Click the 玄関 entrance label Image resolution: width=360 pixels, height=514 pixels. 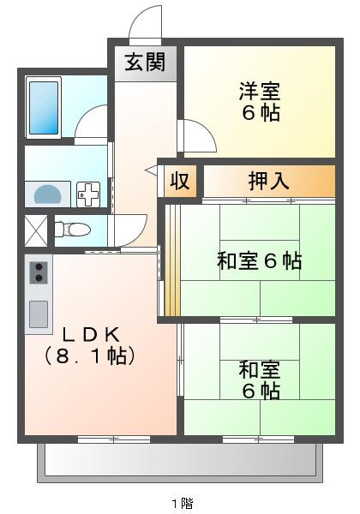(x=144, y=62)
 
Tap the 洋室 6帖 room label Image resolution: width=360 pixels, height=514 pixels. (x=259, y=101)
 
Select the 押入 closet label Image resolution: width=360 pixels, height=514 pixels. (x=268, y=181)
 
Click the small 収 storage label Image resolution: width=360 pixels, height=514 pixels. (x=179, y=181)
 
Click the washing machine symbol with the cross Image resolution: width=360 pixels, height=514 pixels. (x=88, y=195)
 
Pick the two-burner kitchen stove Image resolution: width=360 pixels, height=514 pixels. (x=39, y=272)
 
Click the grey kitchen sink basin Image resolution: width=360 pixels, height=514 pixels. (x=39, y=314)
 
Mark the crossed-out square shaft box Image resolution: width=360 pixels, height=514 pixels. (x=36, y=230)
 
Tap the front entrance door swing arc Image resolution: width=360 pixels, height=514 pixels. (x=145, y=24)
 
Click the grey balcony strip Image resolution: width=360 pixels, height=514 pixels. (x=180, y=463)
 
